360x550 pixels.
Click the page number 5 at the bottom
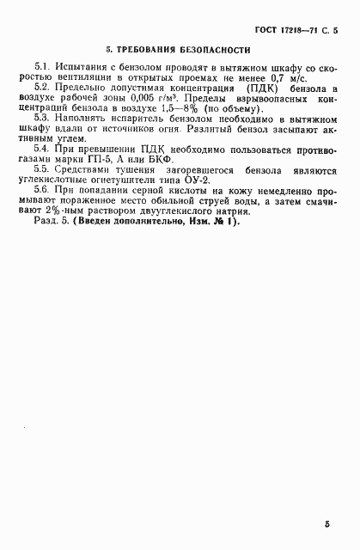pyautogui.click(x=327, y=522)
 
